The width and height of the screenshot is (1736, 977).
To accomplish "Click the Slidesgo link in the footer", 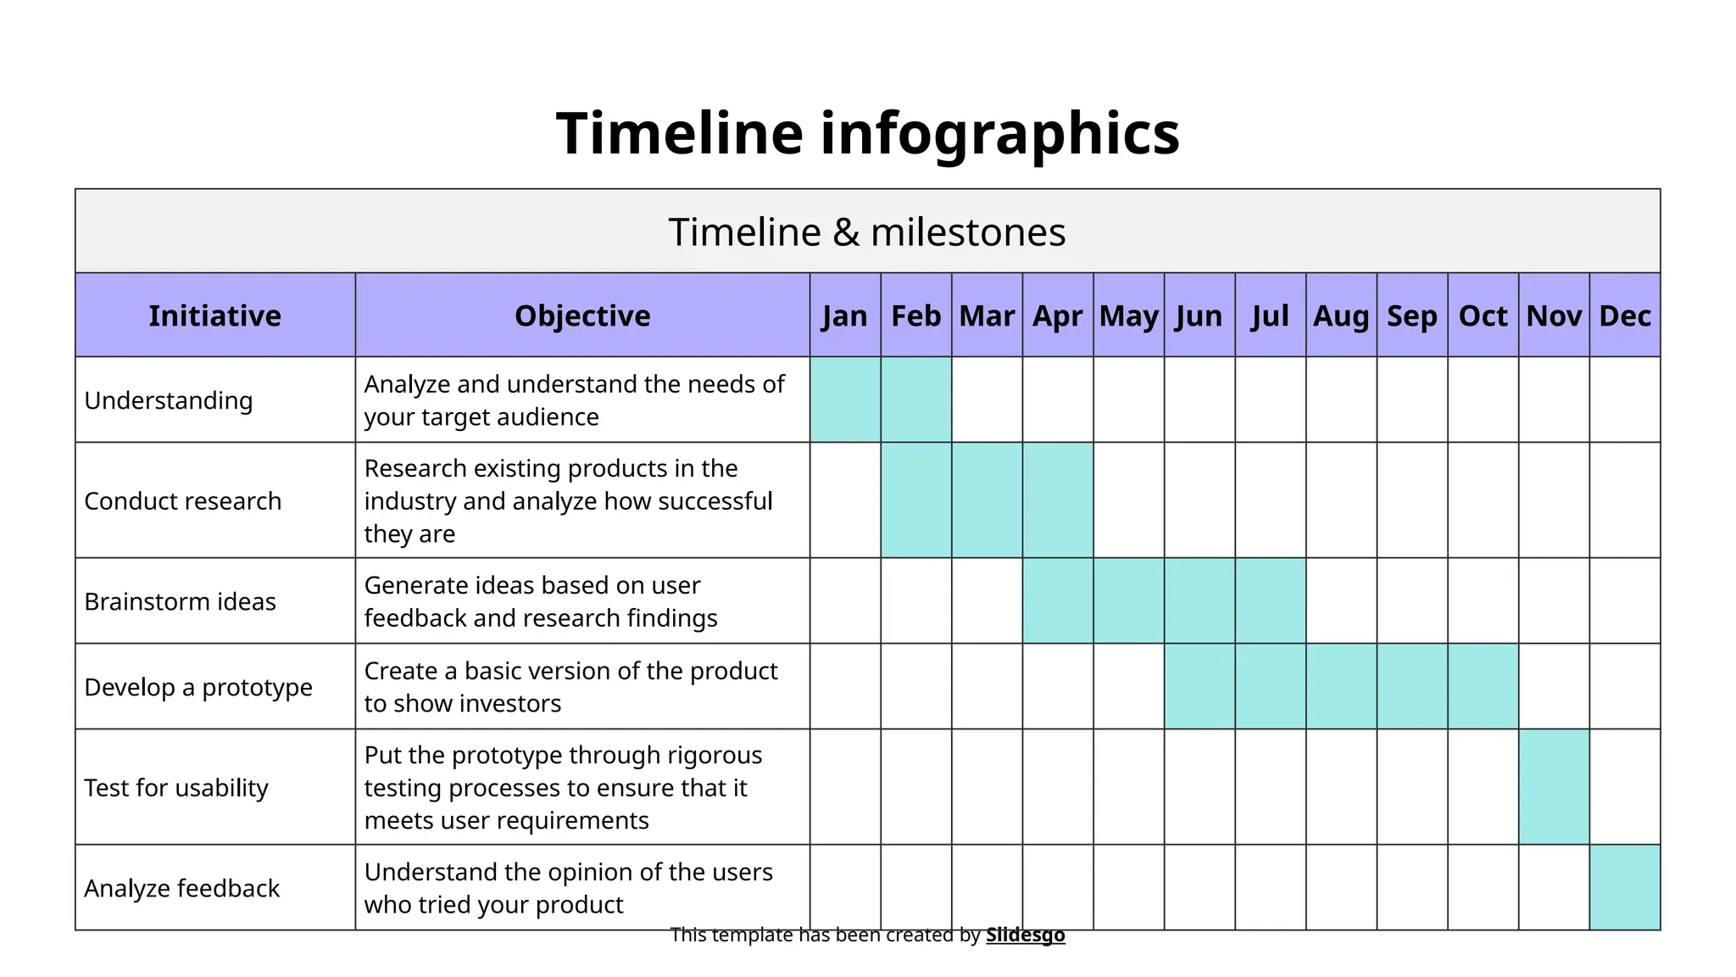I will pyautogui.click(x=1025, y=935).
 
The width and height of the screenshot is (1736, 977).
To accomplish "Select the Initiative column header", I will pyautogui.click(x=214, y=315).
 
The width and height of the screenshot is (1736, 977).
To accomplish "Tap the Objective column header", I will pyautogui.click(x=582, y=315).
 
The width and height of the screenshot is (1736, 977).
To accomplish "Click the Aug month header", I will pyautogui.click(x=1341, y=315).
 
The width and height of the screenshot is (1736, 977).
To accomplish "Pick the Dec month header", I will pyautogui.click(x=1624, y=315).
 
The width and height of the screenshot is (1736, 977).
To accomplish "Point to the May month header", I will pyautogui.click(x=1128, y=315).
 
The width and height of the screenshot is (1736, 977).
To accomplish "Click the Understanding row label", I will pyautogui.click(x=169, y=400).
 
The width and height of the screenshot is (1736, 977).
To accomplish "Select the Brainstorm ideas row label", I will pyautogui.click(x=180, y=601).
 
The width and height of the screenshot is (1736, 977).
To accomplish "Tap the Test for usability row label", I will pyautogui.click(x=176, y=788).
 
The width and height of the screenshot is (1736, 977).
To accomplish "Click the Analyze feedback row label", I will pyautogui.click(x=181, y=888).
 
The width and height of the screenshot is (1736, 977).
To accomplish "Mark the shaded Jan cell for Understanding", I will pyautogui.click(x=845, y=399).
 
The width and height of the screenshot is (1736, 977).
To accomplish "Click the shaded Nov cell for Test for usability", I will pyautogui.click(x=1554, y=787).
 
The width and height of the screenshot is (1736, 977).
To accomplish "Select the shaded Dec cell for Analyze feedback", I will pyautogui.click(x=1624, y=887).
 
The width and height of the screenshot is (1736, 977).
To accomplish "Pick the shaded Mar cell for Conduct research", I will pyautogui.click(x=987, y=500).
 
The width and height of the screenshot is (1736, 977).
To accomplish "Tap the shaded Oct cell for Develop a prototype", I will pyautogui.click(x=1483, y=686).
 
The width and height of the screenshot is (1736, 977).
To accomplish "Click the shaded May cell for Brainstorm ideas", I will pyautogui.click(x=1128, y=600).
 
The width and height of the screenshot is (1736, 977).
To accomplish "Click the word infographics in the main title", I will pyautogui.click(x=999, y=134).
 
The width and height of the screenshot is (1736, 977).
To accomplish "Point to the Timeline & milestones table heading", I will pyautogui.click(x=866, y=232).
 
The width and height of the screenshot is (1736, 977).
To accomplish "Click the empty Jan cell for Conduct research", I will pyautogui.click(x=845, y=500).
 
